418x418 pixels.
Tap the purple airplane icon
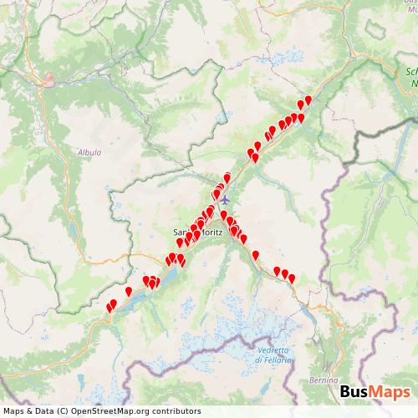pyautogui.click(x=224, y=200)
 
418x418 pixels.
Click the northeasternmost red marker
pyautogui.click(x=308, y=99)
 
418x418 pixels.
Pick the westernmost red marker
pyautogui.click(x=109, y=308)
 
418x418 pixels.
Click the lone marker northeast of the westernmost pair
pyautogui.click(x=128, y=291)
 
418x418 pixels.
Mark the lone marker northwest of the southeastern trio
pyautogui.click(x=255, y=255)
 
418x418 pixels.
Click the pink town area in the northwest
pyautogui.click(x=49, y=81)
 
